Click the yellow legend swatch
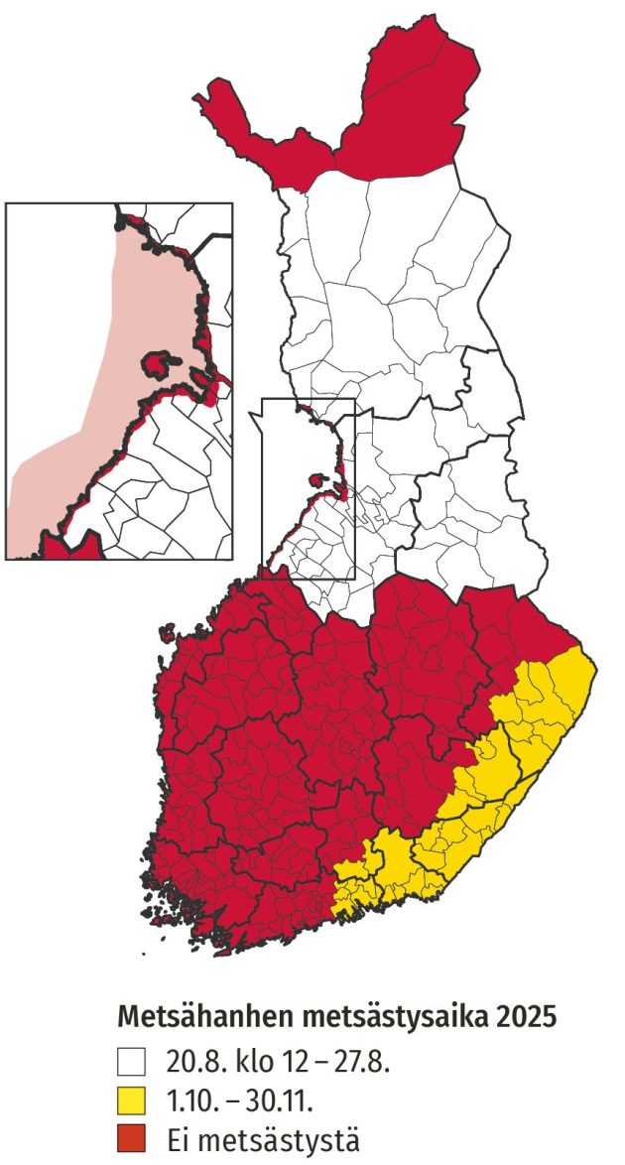point(130,1101)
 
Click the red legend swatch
point(130,1139)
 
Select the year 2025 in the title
point(524,1018)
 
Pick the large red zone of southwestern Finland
point(278,754)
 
